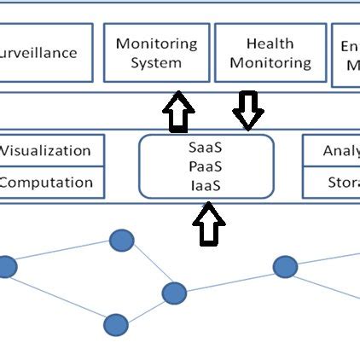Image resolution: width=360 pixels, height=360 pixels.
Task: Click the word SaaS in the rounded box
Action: click(206, 147)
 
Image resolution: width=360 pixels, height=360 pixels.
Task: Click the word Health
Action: click(270, 44)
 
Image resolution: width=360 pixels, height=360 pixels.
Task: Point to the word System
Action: click(156, 62)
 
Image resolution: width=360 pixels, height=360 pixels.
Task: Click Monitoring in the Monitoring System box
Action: click(156, 44)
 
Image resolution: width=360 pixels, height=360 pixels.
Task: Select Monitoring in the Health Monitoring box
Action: click(270, 62)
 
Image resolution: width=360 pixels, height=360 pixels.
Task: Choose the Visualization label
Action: click(45, 151)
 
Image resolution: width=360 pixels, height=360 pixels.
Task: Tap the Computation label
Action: click(46, 182)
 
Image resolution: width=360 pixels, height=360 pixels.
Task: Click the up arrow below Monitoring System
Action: click(177, 113)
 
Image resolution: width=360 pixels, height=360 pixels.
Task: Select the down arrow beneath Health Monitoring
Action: click(248, 109)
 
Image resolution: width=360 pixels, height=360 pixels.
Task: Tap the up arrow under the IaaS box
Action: click(210, 227)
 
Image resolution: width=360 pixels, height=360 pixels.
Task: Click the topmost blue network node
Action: click(121, 241)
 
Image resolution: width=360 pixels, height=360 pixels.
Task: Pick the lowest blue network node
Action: click(116, 324)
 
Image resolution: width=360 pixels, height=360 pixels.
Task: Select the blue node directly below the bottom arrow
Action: click(174, 294)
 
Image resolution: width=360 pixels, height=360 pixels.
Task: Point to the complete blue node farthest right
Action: click(285, 266)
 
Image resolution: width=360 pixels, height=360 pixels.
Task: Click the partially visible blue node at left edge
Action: click(6, 267)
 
